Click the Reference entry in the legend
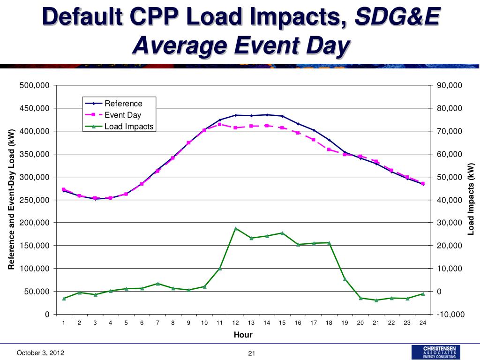point(123,104)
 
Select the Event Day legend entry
point(122,115)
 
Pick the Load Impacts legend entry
point(128,126)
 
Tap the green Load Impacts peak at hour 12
point(235,228)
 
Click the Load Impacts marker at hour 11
point(220,269)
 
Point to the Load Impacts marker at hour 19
point(345,279)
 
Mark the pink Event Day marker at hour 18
point(329,150)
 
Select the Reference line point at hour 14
point(267,115)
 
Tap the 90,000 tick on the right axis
point(450,85)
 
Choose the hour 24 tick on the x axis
point(423,322)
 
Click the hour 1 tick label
point(64,322)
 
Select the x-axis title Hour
point(243,335)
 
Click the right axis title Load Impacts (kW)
point(472,199)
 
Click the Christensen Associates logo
point(435,352)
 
